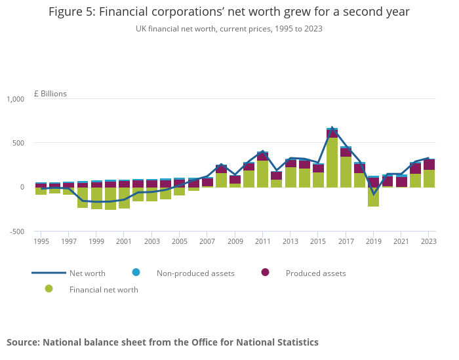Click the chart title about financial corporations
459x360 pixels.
(229, 12)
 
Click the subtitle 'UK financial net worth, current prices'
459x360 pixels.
(229, 29)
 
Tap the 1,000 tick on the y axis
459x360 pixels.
(15, 99)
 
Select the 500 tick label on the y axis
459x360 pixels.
(18, 143)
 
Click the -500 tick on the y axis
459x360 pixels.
(16, 231)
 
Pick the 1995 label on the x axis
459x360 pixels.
(41, 241)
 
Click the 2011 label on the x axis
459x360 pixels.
(262, 241)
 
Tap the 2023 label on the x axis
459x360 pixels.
(429, 241)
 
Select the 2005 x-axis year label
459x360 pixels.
(179, 241)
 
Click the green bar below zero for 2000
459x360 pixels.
(110, 199)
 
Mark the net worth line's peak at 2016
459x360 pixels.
(332, 128)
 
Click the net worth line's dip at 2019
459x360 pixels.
(373, 193)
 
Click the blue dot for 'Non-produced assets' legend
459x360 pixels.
(136, 272)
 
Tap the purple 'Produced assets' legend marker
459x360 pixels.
(266, 272)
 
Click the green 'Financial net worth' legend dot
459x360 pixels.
(49, 289)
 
